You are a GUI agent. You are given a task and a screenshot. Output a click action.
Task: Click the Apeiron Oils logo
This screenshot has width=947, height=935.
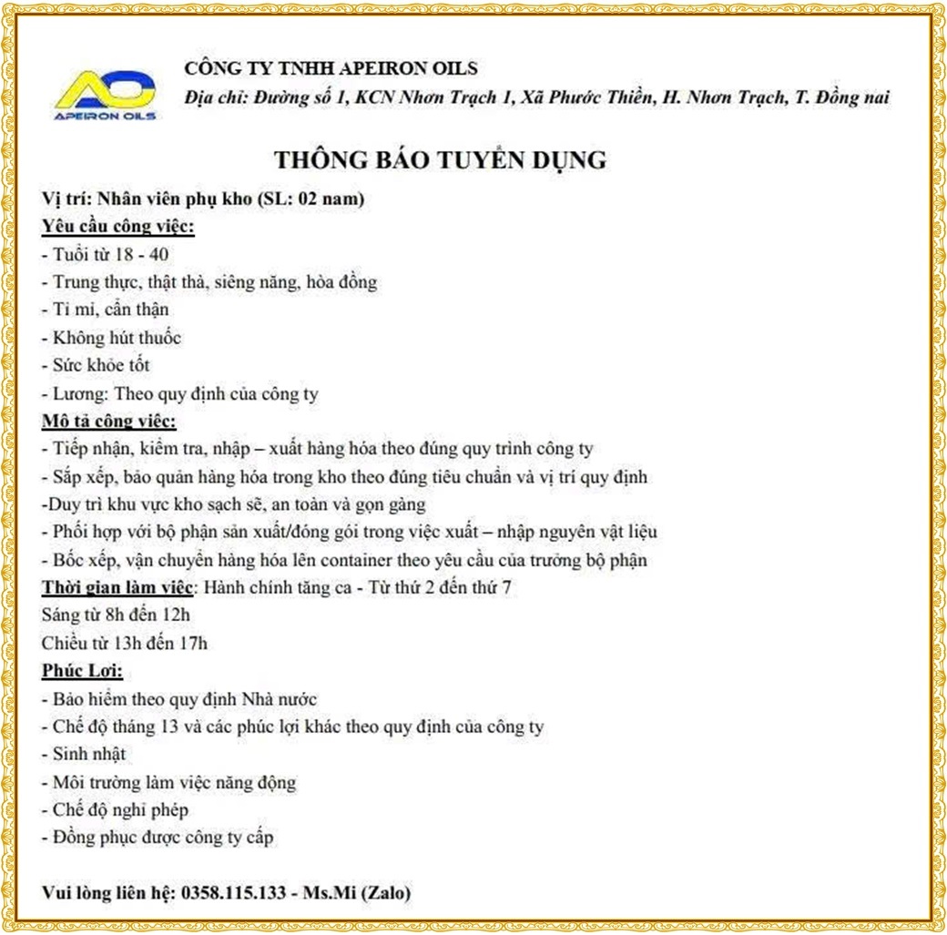click(x=106, y=95)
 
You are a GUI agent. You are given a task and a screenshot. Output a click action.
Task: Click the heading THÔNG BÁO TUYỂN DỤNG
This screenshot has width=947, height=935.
click(x=440, y=160)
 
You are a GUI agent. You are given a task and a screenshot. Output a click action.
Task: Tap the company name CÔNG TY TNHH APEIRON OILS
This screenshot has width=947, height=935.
click(x=331, y=68)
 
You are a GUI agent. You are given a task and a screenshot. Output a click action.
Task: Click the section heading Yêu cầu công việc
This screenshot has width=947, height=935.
click(x=118, y=226)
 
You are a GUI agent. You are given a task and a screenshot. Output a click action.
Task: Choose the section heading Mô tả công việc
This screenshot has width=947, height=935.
click(x=109, y=422)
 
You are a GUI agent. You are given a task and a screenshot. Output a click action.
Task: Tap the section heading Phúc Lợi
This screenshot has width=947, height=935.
click(x=82, y=672)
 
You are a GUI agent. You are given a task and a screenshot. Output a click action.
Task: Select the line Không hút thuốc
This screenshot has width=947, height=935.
click(x=112, y=338)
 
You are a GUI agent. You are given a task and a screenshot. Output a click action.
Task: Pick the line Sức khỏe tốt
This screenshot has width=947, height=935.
click(x=97, y=366)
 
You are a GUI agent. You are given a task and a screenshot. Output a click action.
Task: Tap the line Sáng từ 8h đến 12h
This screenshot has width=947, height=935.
click(x=117, y=615)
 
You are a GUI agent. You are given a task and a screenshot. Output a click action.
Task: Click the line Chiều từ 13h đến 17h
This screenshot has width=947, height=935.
click(x=125, y=644)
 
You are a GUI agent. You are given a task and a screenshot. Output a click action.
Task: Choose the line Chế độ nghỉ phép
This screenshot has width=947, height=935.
click(x=116, y=810)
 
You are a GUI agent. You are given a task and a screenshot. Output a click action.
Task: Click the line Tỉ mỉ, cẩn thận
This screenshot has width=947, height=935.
click(x=106, y=310)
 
